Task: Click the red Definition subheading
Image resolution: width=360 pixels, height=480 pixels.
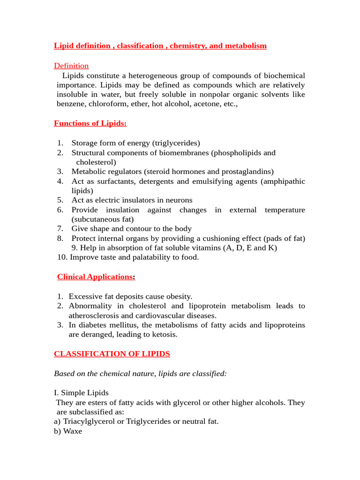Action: pyautogui.click(x=71, y=66)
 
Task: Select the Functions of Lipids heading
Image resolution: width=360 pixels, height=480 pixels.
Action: pyautogui.click(x=90, y=123)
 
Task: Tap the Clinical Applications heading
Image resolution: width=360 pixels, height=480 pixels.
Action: pyautogui.click(x=95, y=277)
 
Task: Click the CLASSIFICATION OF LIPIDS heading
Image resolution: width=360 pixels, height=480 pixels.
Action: pyautogui.click(x=112, y=354)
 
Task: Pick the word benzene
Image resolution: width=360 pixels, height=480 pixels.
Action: pyautogui.click(x=69, y=104)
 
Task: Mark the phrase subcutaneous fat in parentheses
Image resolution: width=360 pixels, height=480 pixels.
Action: pyautogui.click(x=103, y=219)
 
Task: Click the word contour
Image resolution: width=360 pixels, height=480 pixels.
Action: pyautogui.click(x=143, y=229)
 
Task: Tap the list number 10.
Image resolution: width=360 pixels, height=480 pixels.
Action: pyautogui.click(x=61, y=257)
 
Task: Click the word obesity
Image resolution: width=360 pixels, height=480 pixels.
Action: pyautogui.click(x=178, y=296)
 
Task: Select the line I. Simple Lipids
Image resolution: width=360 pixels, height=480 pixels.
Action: pyautogui.click(x=81, y=392)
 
